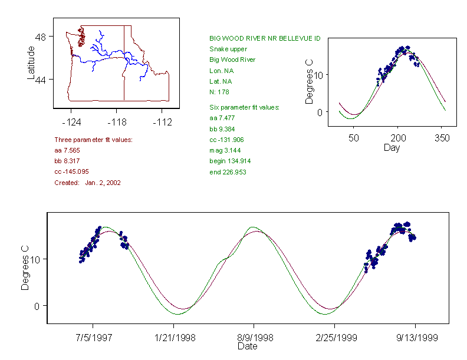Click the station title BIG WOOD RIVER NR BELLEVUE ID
point(265,38)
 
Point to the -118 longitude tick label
point(117,122)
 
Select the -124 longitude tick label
point(71,122)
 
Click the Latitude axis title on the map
point(31,63)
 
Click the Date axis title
point(247,346)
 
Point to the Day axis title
point(392,147)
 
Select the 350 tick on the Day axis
point(442,138)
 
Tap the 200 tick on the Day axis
point(398,138)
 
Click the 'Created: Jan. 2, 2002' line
point(87,183)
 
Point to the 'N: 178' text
point(219,92)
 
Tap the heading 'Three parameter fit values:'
point(93,140)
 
